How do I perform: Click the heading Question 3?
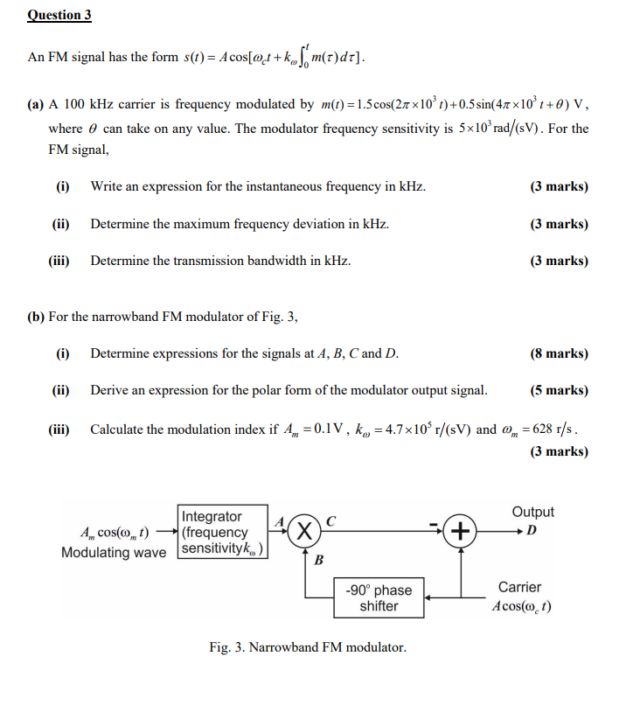[59, 16]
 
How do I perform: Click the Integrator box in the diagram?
[223, 532]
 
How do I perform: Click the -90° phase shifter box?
[379, 597]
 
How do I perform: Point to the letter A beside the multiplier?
[279, 520]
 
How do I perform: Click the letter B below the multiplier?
[318, 561]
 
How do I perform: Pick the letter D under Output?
[532, 531]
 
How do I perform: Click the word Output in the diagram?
[532, 512]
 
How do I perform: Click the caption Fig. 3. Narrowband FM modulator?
[308, 647]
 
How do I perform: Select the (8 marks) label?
[559, 353]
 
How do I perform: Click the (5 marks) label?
[559, 390]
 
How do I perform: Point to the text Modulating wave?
[114, 552]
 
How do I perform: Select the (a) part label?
[36, 104]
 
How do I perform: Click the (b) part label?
[36, 316]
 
